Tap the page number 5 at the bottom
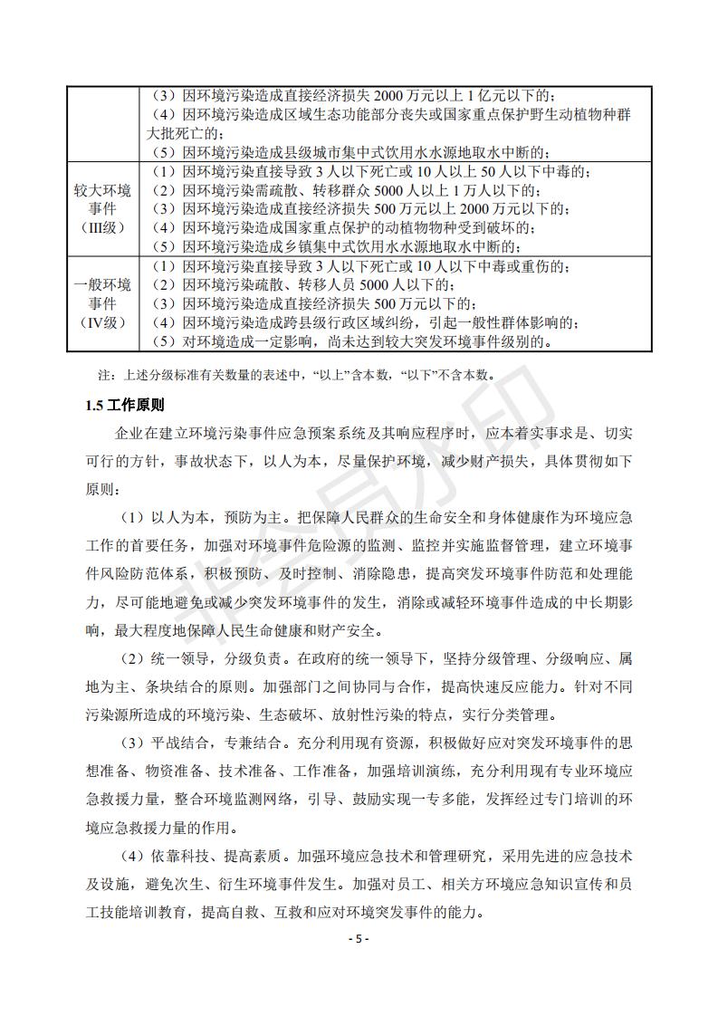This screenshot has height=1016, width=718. [x=359, y=939]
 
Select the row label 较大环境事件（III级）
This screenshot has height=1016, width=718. [x=102, y=208]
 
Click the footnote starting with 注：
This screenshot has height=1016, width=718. [x=299, y=373]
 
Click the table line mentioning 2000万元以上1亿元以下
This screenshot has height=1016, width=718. [x=353, y=96]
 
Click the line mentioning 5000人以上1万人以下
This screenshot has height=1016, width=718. [x=344, y=190]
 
